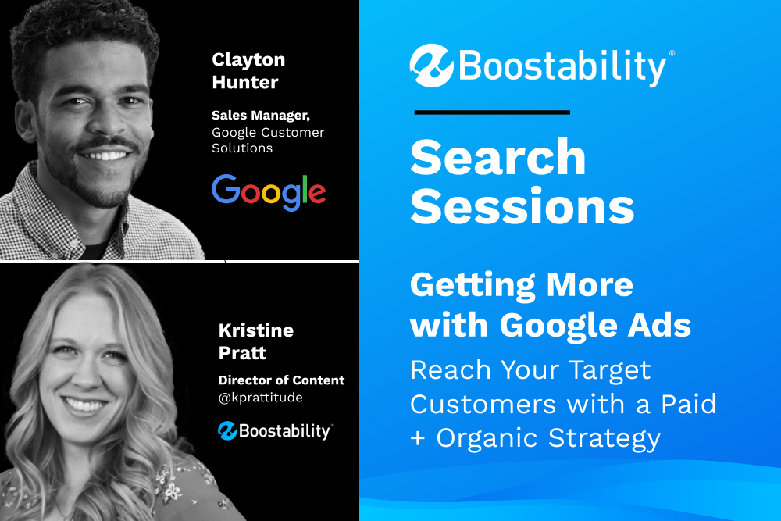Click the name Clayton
(248, 61)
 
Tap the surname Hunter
(245, 82)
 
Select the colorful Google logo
(269, 192)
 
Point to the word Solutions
(242, 148)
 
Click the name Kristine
(256, 330)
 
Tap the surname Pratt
(243, 353)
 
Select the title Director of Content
(281, 380)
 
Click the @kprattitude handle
(261, 398)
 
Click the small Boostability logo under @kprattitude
(276, 431)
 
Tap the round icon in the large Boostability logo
(431, 66)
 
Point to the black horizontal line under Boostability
(492, 112)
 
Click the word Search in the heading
(497, 158)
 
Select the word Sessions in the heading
(522, 206)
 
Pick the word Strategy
(604, 439)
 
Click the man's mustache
(105, 144)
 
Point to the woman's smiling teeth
(84, 405)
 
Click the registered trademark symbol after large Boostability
(672, 53)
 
